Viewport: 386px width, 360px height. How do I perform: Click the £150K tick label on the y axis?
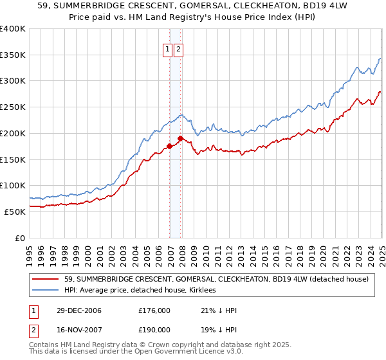(13, 159)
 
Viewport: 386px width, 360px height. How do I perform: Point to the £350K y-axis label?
(13, 55)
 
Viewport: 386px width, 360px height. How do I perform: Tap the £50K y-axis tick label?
(15, 212)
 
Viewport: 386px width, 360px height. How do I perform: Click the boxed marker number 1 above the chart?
(167, 50)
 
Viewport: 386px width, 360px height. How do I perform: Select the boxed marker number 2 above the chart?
(178, 50)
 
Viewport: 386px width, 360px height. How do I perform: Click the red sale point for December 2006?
(170, 146)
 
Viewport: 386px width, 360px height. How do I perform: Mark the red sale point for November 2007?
(180, 138)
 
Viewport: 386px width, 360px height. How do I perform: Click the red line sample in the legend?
(44, 279)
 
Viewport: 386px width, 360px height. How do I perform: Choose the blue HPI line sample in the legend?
(44, 291)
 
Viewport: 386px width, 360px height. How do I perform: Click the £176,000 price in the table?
(154, 310)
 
